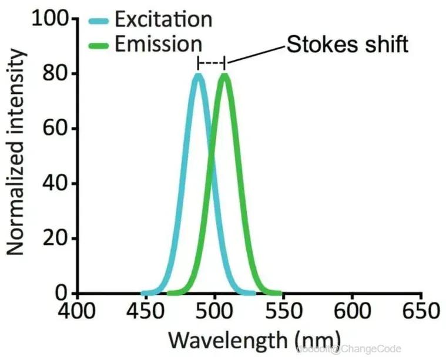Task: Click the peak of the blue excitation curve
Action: pos(199,75)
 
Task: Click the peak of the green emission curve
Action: pos(224,75)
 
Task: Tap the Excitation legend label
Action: pos(163,19)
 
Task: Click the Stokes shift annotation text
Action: pos(347,45)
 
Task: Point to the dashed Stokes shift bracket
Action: pos(212,62)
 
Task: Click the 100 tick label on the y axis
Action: pos(52,19)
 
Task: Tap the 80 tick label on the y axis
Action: pos(58,75)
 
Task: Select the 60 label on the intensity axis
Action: pos(58,129)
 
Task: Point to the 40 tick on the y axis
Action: pos(58,184)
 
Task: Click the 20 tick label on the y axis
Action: pos(58,238)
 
